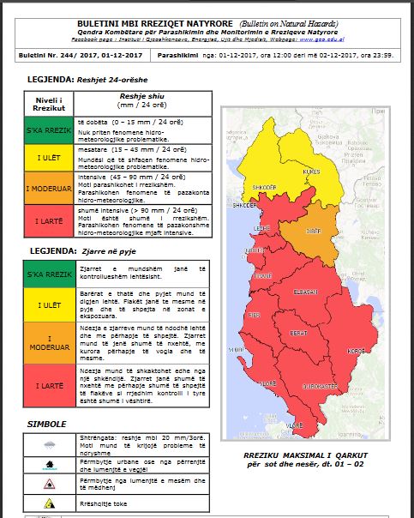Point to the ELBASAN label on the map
click(x=307, y=292)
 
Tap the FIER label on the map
click(x=254, y=316)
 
